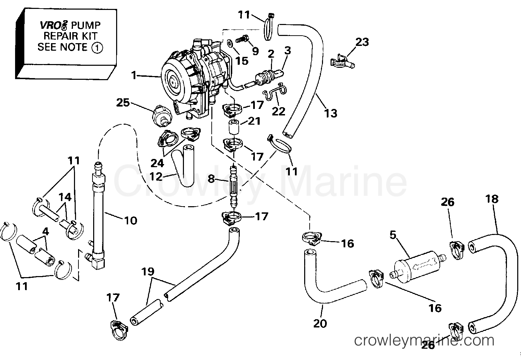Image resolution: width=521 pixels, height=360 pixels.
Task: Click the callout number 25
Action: point(123,102)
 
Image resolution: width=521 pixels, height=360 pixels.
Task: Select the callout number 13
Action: point(331,113)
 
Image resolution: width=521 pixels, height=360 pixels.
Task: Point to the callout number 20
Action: point(320,323)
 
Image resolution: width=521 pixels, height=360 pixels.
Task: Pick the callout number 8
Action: point(211,178)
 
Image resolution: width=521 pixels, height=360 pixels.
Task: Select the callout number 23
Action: point(362,42)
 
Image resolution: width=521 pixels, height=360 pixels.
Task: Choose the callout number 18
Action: point(492,199)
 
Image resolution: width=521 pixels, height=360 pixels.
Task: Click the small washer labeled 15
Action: point(230,44)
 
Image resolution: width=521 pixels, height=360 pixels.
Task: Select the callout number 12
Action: point(156,176)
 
